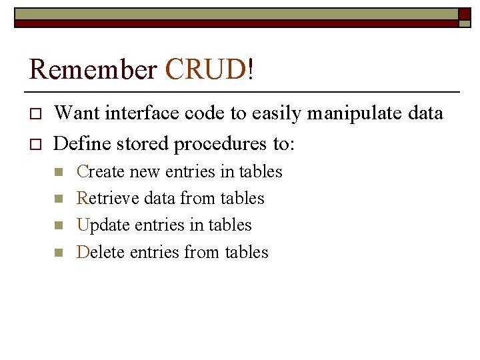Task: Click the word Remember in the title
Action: (93, 69)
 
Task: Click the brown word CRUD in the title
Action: (205, 69)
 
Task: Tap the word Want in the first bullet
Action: (75, 114)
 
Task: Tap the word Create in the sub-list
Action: (101, 172)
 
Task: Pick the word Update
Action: (103, 225)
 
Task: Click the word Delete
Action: (101, 252)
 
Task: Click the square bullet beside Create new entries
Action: (57, 173)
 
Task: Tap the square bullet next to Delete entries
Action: (57, 253)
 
